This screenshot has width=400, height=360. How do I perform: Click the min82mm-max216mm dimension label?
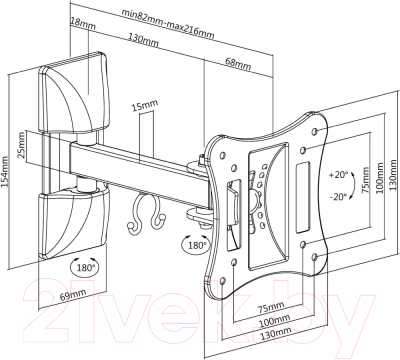167,23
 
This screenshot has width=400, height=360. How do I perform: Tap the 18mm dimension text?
83,23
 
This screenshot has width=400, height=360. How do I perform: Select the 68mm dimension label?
238,63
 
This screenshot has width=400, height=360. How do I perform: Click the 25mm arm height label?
21,145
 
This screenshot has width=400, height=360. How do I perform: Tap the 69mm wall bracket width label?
73,295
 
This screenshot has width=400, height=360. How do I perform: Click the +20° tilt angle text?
338,175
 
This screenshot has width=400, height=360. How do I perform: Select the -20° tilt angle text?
338,197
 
